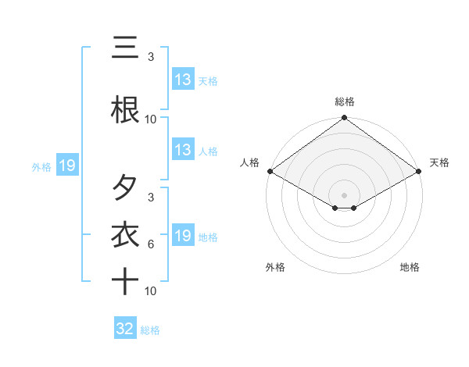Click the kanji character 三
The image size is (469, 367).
125,48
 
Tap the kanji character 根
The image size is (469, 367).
125,110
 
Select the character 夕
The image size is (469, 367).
125,188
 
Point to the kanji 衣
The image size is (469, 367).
125,235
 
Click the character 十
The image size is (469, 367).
125,280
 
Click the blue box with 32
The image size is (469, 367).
125,329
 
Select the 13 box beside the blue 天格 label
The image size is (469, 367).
183,80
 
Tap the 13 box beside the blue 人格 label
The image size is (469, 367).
183,150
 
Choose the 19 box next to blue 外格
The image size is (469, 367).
66,166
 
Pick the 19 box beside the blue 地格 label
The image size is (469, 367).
183,236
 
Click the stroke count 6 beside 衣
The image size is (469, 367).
151,244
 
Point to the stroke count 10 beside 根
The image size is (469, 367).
151,119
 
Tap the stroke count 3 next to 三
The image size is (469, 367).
151,57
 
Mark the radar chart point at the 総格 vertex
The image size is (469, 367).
344,119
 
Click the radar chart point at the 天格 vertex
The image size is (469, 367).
420,171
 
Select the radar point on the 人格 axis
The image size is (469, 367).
269,171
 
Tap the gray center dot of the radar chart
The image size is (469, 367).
344,194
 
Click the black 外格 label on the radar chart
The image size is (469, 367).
275,268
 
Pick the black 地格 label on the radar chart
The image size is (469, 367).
410,268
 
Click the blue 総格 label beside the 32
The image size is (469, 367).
150,330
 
